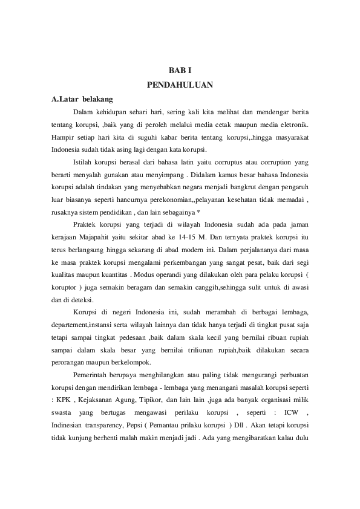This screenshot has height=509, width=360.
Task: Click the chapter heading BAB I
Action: click(180, 71)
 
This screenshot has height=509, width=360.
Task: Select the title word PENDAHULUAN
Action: click(180, 85)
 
